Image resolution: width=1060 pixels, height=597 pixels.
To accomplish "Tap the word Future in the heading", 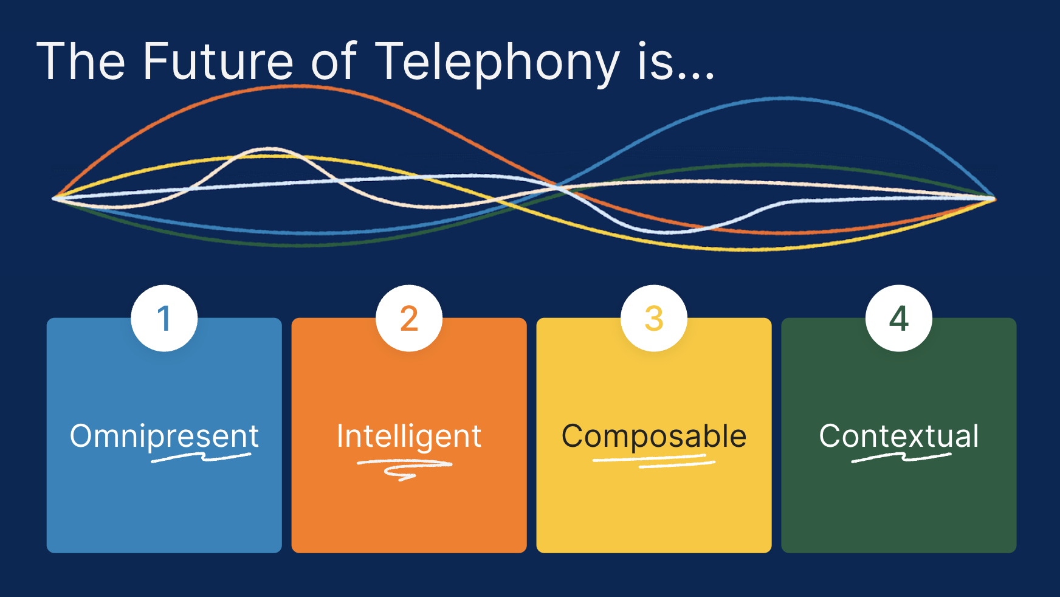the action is (218, 61).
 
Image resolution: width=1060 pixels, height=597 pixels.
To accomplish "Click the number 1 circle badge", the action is (164, 318).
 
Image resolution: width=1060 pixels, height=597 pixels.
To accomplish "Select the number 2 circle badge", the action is (409, 318).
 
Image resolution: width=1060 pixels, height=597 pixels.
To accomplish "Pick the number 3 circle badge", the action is (654, 318).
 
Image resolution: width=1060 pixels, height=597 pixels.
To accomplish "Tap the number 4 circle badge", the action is (899, 318).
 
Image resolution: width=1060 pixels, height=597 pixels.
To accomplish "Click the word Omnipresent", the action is (164, 437).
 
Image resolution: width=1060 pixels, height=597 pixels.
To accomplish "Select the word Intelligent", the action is (409, 437).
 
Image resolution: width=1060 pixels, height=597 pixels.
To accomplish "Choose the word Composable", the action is (654, 437).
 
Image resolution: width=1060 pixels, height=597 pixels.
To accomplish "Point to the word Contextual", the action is (899, 436).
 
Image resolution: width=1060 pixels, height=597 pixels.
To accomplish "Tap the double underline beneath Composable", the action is (654, 461).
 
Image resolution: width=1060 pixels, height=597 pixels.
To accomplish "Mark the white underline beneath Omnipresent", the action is (201, 457).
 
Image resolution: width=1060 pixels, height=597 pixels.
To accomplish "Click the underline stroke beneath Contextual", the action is (901, 457).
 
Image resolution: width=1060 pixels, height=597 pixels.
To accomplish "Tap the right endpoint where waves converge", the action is (994, 198).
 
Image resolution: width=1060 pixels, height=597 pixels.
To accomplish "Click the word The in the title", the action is (81, 61).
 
